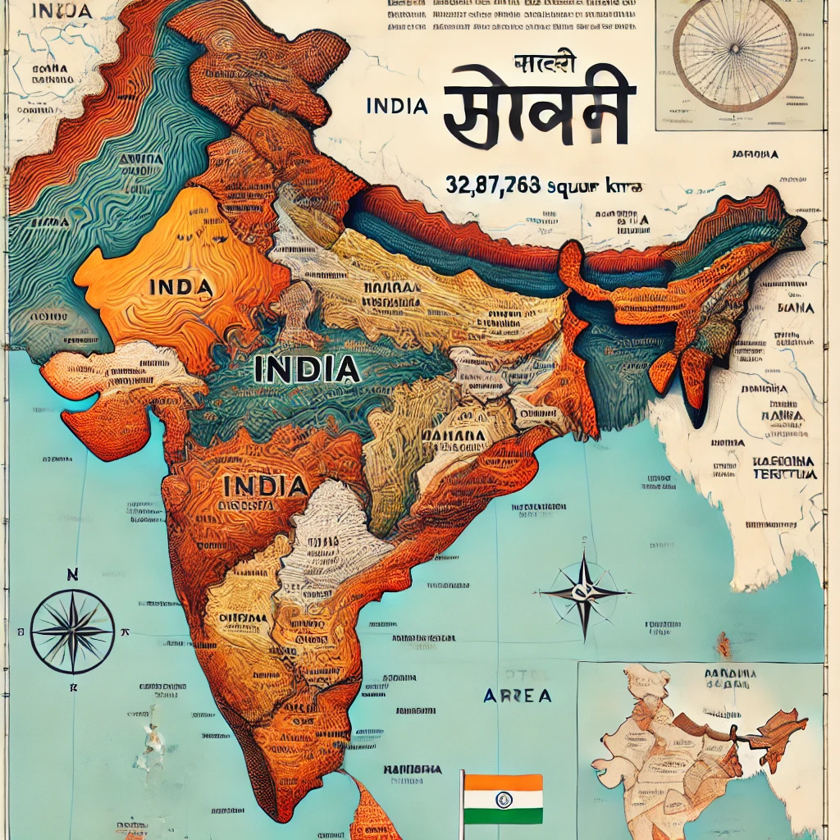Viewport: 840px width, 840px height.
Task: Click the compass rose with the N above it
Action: coord(72,632)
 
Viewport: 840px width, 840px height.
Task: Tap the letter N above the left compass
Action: coord(72,574)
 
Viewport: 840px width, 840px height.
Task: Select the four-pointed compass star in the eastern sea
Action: coord(584,592)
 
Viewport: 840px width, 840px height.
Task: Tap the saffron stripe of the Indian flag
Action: coord(503,783)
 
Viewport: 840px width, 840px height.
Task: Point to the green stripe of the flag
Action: coord(503,816)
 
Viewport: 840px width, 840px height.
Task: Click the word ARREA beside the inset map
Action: coord(517,696)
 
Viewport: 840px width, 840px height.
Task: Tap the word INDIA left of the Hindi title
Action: coord(398,107)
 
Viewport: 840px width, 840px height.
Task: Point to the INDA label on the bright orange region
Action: coord(181,287)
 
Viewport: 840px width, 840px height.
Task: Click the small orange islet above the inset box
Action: coord(723,644)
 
